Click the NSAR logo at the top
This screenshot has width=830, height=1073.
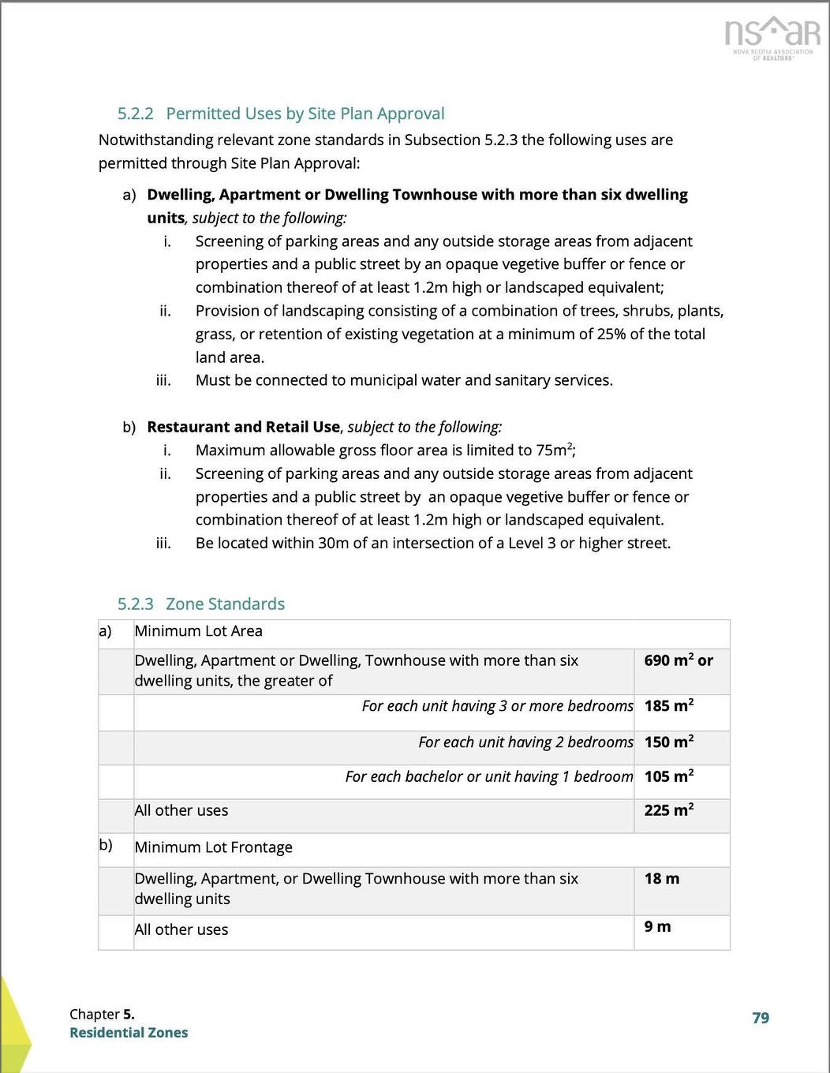(772, 36)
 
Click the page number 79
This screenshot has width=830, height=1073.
(761, 1018)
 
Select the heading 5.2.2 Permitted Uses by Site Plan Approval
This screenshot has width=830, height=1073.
(281, 114)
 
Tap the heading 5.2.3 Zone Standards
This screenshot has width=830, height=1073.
(201, 604)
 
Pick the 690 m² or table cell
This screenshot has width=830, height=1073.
(678, 660)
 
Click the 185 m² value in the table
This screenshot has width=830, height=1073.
(668, 705)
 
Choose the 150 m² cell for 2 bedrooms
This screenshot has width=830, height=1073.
(668, 742)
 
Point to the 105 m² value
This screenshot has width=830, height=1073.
(668, 776)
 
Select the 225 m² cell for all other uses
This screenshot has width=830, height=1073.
(668, 810)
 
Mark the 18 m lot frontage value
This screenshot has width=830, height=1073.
(661, 878)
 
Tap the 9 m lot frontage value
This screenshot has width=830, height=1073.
(657, 926)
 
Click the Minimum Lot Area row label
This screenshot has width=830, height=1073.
(198, 631)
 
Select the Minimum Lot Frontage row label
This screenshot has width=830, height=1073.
(213, 847)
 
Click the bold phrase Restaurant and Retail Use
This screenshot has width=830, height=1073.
(243, 427)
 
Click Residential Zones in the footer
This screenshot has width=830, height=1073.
(129, 1033)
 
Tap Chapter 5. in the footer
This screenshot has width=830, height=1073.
(102, 1014)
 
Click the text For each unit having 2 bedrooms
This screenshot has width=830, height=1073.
(525, 742)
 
